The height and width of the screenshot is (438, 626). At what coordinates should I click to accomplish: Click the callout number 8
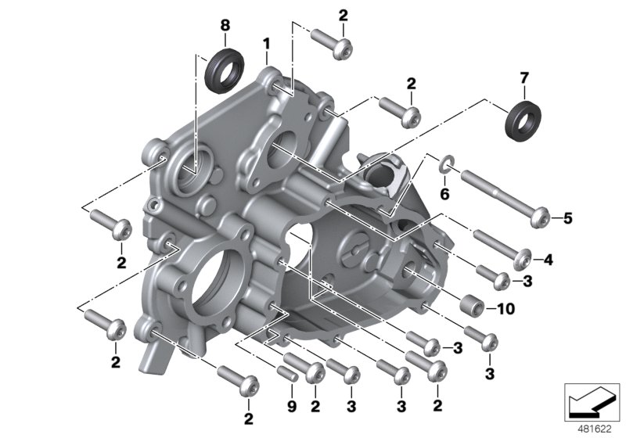pyautogui.click(x=225, y=25)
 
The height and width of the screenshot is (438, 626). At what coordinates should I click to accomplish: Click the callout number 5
pyautogui.click(x=568, y=218)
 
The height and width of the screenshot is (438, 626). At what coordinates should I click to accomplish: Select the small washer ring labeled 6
pyautogui.click(x=444, y=163)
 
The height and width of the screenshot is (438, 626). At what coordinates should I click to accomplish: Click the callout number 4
pyautogui.click(x=549, y=259)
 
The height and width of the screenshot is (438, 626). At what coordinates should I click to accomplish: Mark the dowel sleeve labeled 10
pyautogui.click(x=470, y=304)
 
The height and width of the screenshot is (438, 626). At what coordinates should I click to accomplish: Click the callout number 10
pyautogui.click(x=505, y=309)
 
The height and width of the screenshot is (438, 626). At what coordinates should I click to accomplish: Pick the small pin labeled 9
pyautogui.click(x=288, y=372)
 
